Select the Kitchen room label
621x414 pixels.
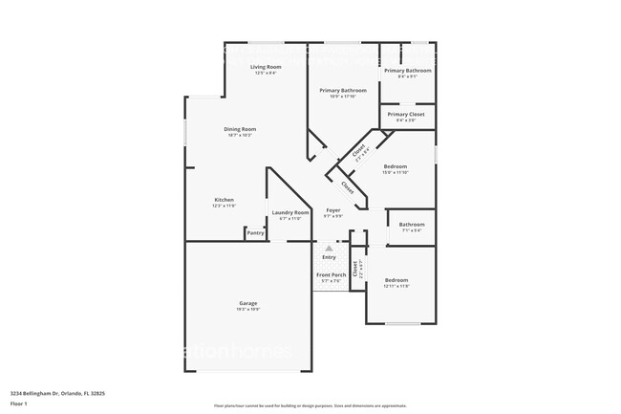[x=224, y=200]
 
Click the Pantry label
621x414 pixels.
[x=255, y=232]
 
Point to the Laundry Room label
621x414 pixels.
[x=290, y=212]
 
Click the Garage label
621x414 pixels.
[x=248, y=303]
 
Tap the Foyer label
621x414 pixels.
[x=332, y=209]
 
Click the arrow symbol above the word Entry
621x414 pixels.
[x=329, y=248]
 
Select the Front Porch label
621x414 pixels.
[x=332, y=275]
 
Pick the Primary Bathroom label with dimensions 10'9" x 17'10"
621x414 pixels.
[x=342, y=90]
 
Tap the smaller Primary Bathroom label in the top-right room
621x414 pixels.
[x=408, y=71]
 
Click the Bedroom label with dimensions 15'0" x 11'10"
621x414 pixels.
[x=396, y=166]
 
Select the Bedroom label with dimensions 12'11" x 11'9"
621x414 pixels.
[x=396, y=280]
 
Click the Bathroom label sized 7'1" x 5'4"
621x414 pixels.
[x=411, y=225]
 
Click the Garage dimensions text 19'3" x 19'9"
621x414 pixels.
[x=248, y=310]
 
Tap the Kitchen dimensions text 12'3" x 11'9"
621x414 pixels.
[x=224, y=206]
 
